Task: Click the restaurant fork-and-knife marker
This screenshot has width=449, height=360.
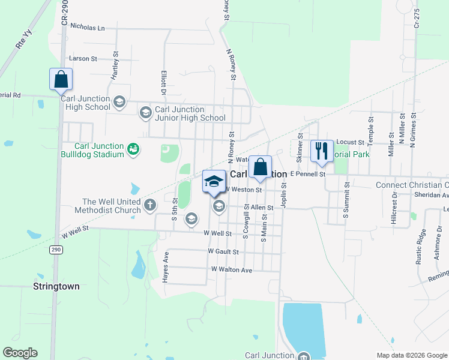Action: [322, 151]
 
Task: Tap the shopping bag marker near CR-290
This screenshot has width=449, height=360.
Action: [61, 79]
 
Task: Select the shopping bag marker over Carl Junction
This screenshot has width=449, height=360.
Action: [260, 167]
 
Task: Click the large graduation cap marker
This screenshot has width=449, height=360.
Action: [214, 181]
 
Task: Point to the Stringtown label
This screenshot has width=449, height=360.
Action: [56, 286]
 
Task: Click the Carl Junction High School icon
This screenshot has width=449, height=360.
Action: [119, 102]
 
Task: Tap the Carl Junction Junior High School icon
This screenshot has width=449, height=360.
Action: [145, 112]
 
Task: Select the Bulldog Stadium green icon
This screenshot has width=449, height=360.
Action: [133, 149]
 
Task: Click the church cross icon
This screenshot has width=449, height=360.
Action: [149, 206]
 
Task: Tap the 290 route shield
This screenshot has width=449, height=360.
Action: [56, 249]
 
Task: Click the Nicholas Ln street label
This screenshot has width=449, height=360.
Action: [87, 27]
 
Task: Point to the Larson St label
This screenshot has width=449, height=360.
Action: [83, 59]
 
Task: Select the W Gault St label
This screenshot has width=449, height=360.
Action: [223, 251]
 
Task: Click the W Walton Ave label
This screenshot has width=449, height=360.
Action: [231, 270]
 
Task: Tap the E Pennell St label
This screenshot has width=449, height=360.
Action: [307, 173]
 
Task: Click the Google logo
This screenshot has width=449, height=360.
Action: [20, 353]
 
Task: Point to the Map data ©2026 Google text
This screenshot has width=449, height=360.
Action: [411, 355]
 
